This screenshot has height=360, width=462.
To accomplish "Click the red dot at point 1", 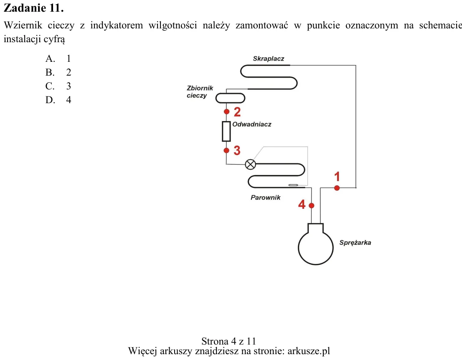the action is [337, 188].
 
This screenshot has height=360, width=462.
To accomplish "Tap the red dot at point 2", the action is [226, 112].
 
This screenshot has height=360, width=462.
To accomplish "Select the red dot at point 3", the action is [226, 150].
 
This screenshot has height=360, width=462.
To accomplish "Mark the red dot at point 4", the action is [312, 205].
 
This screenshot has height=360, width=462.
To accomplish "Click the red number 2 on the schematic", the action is [237, 112].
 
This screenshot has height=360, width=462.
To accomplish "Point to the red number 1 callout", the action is [337, 177].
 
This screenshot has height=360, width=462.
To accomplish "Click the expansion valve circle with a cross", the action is [251, 165].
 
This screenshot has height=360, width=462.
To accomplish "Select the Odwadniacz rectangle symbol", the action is [226, 132].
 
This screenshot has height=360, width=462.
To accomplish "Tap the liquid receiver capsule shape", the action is [231, 98].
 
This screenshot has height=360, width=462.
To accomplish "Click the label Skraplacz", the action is [269, 58].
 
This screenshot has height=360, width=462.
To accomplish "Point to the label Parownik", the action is [266, 198].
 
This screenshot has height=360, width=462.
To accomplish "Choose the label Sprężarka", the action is [355, 243].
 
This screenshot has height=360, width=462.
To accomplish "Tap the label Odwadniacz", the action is [251, 124].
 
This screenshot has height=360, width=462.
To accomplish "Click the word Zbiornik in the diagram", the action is [200, 88].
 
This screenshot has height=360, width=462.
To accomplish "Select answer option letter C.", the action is [50, 86].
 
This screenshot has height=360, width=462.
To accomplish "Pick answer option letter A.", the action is [50, 58].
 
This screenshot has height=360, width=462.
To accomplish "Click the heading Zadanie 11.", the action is [33, 8].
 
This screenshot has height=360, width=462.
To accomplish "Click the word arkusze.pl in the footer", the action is [309, 351].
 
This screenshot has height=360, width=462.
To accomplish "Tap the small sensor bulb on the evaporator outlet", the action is [293, 185].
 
